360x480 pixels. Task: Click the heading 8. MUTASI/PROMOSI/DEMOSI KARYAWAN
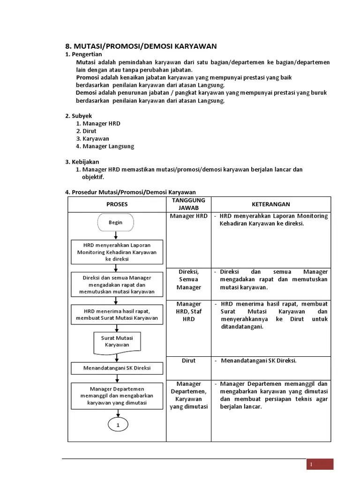point(141,46)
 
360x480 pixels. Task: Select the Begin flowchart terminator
point(116,223)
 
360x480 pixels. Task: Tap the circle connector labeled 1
point(118,425)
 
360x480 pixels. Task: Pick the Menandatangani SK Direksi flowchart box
point(117,368)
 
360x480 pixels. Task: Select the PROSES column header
point(117,204)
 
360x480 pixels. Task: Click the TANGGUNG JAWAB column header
point(188,204)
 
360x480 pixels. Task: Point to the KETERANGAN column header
point(271,204)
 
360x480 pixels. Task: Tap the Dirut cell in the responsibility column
point(188,361)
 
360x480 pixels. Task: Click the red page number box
point(320,464)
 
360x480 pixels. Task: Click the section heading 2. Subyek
point(78,116)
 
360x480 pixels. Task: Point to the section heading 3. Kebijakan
point(82,162)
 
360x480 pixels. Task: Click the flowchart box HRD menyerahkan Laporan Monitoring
point(117,252)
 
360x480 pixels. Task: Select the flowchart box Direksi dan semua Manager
point(117,285)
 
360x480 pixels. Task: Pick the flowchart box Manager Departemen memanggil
point(117,396)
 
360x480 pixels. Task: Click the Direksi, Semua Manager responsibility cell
point(188,279)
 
